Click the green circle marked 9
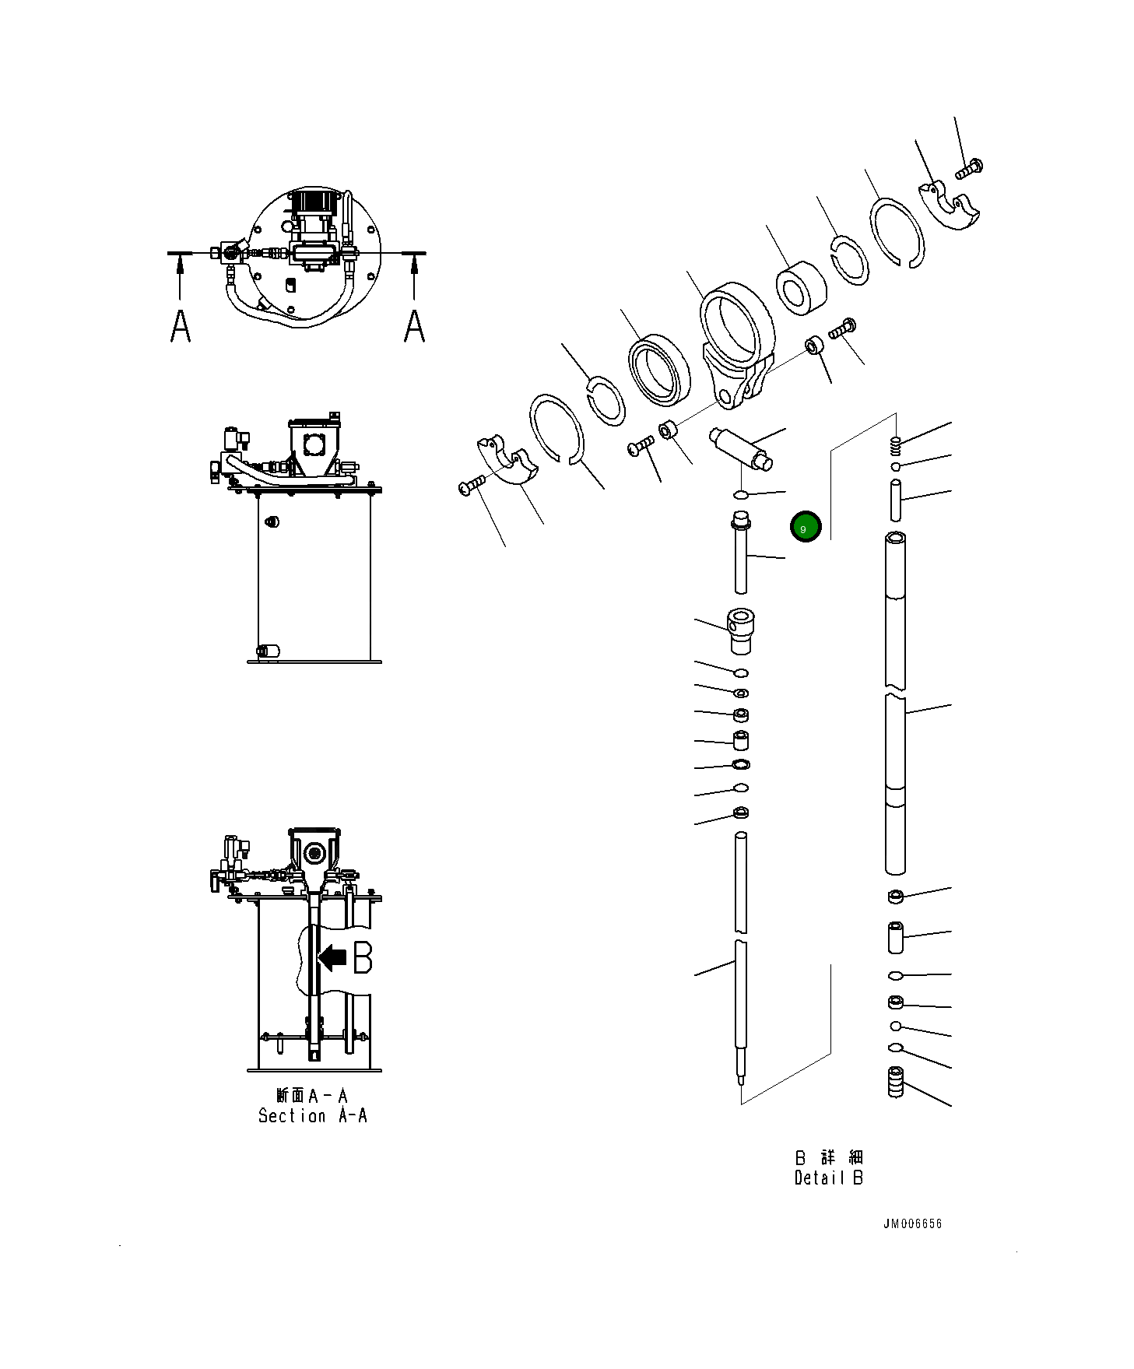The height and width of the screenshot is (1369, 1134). [805, 528]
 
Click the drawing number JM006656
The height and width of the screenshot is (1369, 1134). [912, 1223]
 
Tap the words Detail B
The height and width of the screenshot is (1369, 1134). [828, 1178]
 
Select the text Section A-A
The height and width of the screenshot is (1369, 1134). [312, 1115]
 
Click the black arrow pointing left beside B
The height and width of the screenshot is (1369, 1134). [334, 957]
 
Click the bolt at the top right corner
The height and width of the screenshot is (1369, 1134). [970, 168]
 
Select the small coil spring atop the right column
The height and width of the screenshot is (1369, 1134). [896, 445]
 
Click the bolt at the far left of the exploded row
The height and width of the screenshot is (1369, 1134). [472, 485]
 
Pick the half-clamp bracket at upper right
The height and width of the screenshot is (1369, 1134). [951, 204]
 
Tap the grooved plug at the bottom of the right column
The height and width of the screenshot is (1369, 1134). [896, 1082]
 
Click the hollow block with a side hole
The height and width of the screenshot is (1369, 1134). [741, 631]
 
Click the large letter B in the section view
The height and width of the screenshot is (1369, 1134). [363, 957]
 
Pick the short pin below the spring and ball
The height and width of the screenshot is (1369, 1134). [896, 500]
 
